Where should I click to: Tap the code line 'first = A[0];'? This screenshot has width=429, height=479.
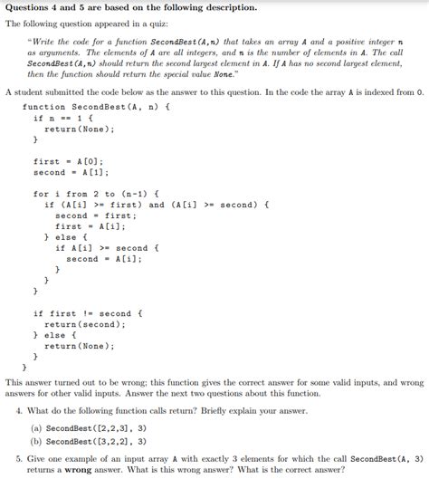pyautogui.click(x=71, y=162)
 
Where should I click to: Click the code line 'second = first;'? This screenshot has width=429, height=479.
pyautogui.click(x=95, y=216)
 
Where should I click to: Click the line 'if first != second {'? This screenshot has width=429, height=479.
pyautogui.click(x=88, y=313)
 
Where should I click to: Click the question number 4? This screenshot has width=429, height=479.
pyautogui.click(x=20, y=410)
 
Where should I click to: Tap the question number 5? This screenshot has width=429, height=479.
pyautogui.click(x=20, y=459)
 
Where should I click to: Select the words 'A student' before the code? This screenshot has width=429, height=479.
pyautogui.click(x=25, y=92)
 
